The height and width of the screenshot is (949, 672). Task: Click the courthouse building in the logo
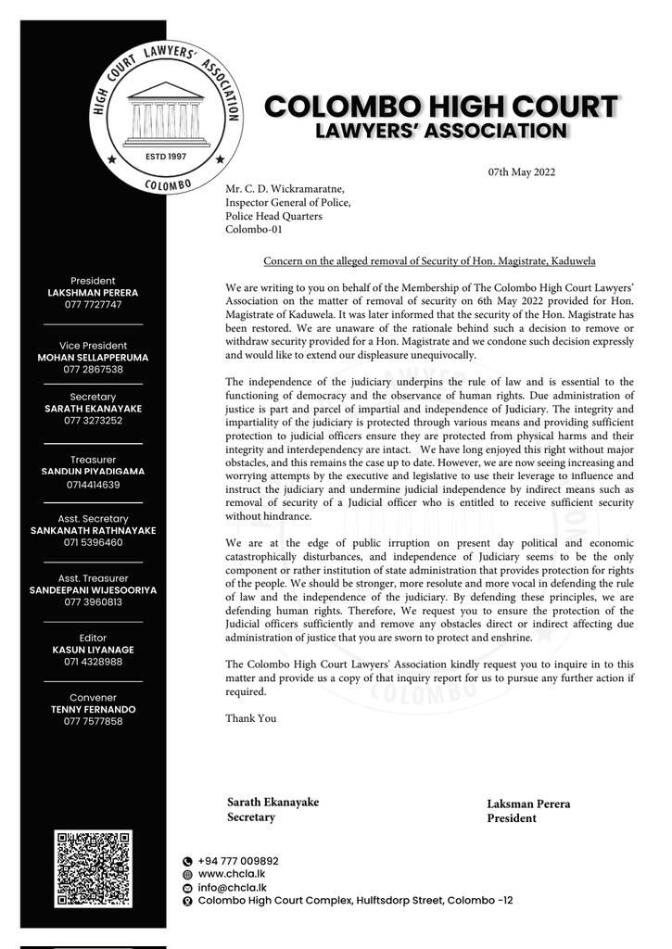[168, 115]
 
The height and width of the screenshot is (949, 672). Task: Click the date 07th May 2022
[522, 172]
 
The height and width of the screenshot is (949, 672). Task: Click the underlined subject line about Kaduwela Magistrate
[429, 261]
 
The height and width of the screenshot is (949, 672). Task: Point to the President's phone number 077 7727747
[93, 305]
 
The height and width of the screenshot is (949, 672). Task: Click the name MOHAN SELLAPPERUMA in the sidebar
[93, 357]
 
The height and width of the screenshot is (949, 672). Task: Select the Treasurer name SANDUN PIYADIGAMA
[93, 472]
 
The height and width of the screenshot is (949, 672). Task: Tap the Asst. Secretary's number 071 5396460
[93, 543]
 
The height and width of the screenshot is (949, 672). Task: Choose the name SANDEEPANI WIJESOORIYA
[93, 589]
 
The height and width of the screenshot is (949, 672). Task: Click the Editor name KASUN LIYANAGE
[93, 650]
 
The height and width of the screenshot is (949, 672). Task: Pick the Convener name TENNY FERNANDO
[93, 709]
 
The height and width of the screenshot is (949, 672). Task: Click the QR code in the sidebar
[94, 867]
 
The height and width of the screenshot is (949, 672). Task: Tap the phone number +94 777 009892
[238, 861]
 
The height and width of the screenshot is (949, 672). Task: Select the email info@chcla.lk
[226, 887]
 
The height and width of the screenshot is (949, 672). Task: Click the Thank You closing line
[250, 718]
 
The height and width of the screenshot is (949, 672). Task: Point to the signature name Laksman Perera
[528, 804]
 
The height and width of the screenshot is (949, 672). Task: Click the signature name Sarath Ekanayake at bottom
[273, 803]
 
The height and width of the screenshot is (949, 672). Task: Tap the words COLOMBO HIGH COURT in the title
[440, 107]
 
